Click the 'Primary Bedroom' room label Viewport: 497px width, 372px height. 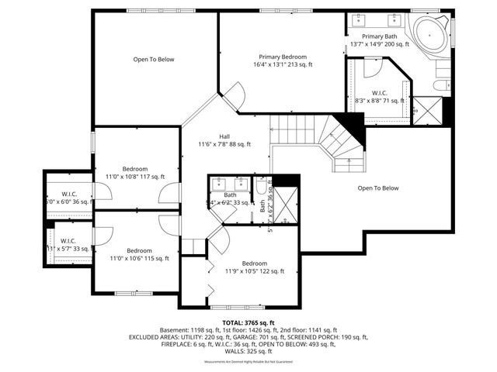point(283,60)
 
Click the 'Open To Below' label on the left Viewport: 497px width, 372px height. point(153,59)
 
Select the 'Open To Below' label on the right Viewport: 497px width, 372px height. point(377,188)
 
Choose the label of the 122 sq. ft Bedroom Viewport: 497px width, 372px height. point(254,267)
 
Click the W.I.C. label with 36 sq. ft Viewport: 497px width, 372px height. point(66,198)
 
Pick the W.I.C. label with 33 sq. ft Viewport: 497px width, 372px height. point(66,245)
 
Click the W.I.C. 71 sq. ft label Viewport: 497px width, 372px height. point(379,97)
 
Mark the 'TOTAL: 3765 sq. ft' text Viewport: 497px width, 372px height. point(248,322)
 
